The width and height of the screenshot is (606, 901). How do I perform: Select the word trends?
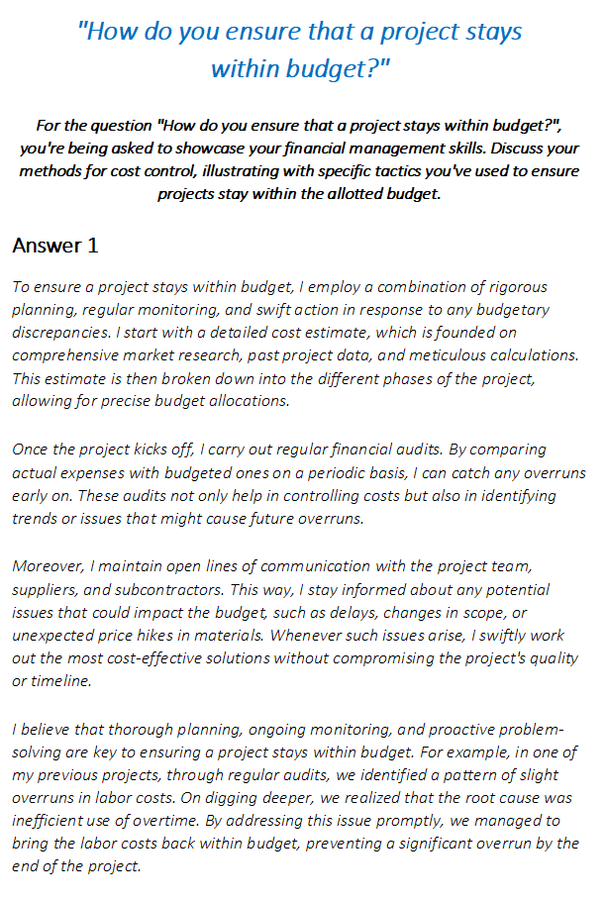coord(36,517)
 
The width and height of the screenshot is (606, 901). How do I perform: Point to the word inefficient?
coord(53,821)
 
